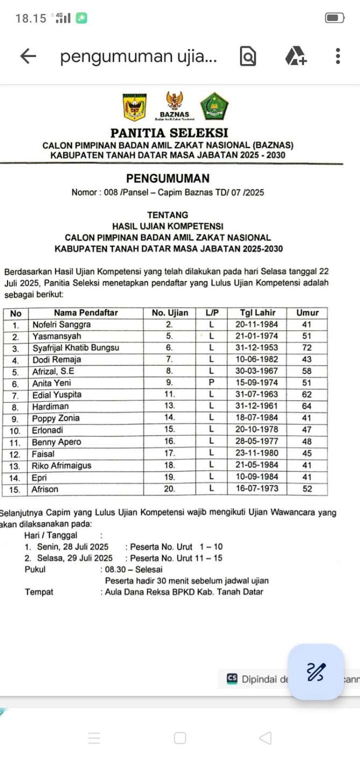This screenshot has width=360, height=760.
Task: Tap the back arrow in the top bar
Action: [27, 57]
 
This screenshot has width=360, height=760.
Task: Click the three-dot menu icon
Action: [337, 57]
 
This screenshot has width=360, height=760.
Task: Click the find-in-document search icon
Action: [248, 57]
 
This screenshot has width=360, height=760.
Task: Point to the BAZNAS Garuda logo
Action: [174, 105]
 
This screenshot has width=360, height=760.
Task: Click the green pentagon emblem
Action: [215, 106]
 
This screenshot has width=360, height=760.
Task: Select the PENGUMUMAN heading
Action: [168, 178]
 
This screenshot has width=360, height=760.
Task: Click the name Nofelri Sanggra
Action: [62, 325]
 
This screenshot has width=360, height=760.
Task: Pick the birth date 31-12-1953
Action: [256, 348]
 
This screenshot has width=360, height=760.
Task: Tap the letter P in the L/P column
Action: [211, 383]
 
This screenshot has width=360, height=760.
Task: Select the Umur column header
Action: [307, 313]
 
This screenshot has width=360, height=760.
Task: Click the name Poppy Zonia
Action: [56, 418]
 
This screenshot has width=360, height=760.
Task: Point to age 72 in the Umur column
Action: [307, 348]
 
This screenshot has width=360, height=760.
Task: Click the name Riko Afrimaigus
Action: [62, 466]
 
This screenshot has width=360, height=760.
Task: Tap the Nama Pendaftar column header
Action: [86, 313]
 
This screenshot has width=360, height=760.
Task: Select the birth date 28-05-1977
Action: [256, 442]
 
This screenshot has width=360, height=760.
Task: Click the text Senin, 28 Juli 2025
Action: [70, 547]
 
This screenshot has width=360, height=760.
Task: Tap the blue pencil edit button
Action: [316, 672]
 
